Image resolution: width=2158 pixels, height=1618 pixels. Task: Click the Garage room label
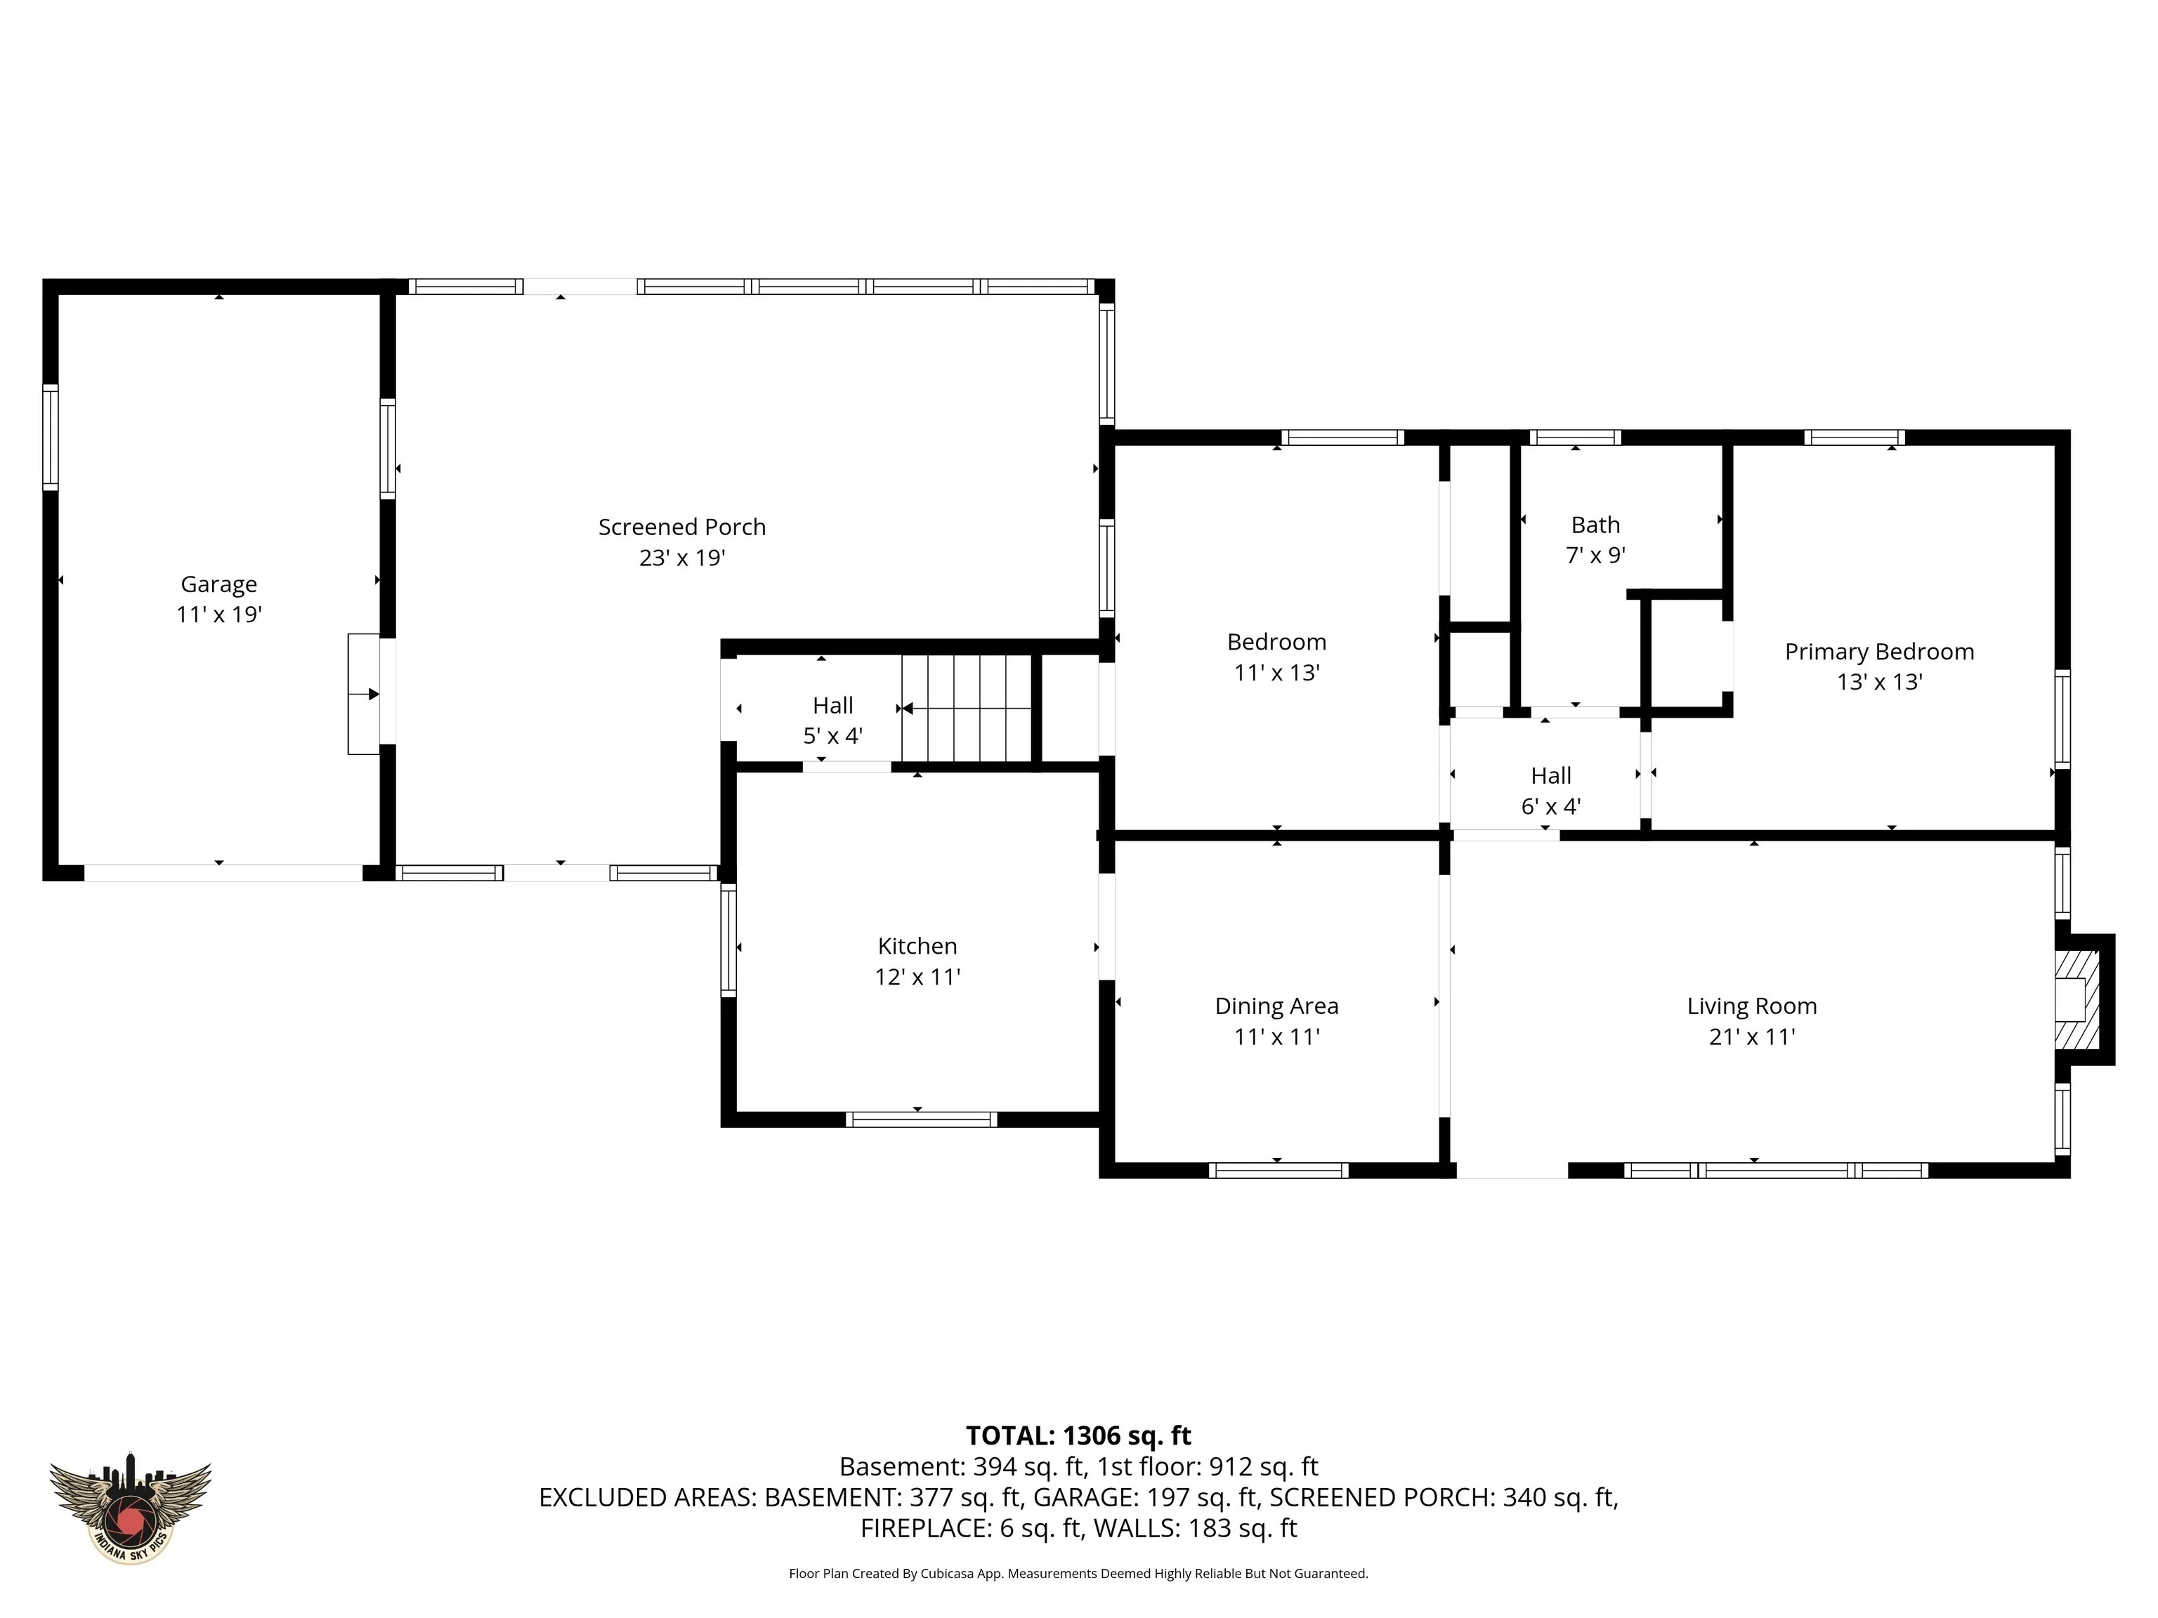pos(218,584)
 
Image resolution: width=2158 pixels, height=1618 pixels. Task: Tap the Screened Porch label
pos(682,527)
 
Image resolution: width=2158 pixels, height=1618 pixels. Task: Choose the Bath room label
pos(1596,525)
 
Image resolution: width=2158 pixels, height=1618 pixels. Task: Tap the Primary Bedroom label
pos(1879,652)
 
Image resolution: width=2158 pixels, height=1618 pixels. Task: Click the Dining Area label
pos(1277,1006)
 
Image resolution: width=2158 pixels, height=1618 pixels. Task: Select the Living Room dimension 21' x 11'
pos(1752,1037)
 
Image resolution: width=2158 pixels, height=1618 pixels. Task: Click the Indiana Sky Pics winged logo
pos(130,1508)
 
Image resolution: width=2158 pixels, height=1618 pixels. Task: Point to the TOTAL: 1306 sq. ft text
pos(1079,1435)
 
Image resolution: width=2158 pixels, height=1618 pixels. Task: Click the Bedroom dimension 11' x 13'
pos(1277,673)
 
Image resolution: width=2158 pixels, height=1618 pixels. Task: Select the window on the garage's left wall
pos(50,436)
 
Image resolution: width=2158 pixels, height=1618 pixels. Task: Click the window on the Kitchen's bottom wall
pos(921,1119)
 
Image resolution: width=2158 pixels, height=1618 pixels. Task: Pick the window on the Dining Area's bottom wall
pos(1278,1171)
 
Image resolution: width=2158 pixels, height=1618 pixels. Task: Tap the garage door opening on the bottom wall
pos(223,873)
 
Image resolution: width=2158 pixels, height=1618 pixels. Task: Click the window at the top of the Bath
pos(1575,437)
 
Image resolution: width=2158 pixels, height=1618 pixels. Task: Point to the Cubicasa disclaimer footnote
pos(1079,1573)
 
